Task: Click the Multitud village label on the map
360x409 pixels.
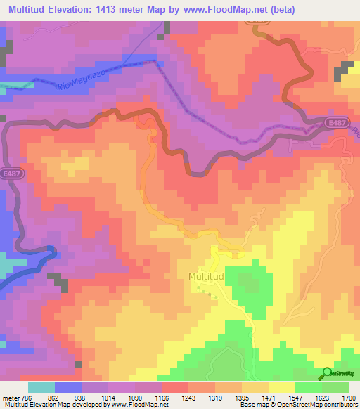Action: pyautogui.click(x=206, y=277)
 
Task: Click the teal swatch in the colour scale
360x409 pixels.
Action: pyautogui.click(x=41, y=387)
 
